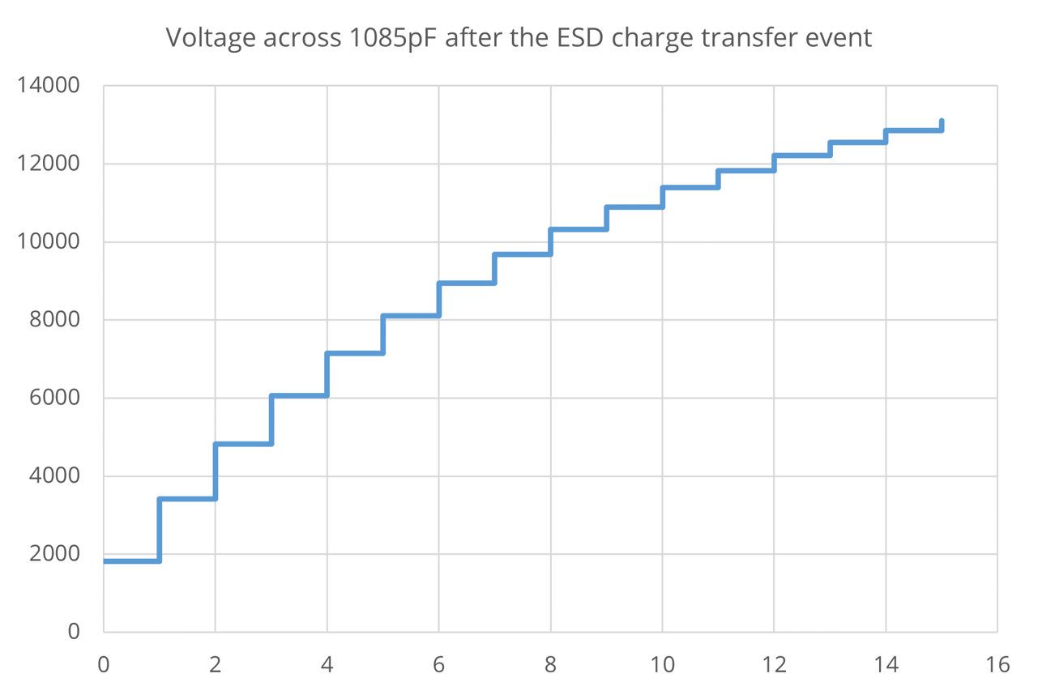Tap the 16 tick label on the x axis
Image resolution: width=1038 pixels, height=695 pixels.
click(x=997, y=666)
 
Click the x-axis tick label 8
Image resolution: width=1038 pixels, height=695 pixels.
click(x=551, y=666)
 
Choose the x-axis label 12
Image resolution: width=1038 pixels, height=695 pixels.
click(x=774, y=666)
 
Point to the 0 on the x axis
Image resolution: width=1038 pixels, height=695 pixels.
click(x=104, y=666)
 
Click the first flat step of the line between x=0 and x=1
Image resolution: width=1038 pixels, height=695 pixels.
click(x=131, y=561)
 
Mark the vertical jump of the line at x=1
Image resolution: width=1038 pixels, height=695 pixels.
click(x=160, y=530)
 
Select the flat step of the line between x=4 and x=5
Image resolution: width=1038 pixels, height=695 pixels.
click(x=355, y=353)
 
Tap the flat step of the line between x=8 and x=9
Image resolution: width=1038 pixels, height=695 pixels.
click(x=579, y=229)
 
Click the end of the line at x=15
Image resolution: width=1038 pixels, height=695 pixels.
click(x=942, y=122)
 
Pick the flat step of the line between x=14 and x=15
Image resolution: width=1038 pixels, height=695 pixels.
click(x=914, y=130)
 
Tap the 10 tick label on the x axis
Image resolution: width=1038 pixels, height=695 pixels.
click(x=662, y=666)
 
